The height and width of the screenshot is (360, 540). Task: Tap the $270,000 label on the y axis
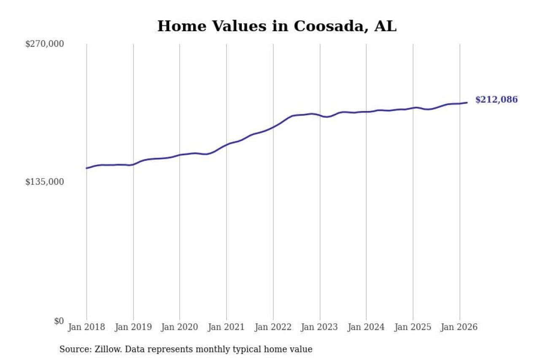(x=44, y=44)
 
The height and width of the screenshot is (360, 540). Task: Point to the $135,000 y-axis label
(x=44, y=182)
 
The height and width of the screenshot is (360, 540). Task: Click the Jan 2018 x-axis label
(x=86, y=327)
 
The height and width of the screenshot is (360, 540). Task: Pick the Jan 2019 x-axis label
(x=133, y=327)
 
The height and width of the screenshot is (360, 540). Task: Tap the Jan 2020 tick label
(x=180, y=327)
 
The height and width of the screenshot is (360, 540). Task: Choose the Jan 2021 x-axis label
(x=227, y=327)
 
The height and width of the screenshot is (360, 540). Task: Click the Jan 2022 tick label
(x=273, y=327)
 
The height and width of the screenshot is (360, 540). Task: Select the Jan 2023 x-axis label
(x=320, y=327)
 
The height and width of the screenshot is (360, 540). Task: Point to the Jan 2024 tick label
(x=366, y=327)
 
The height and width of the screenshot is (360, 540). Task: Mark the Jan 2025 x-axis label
(x=413, y=327)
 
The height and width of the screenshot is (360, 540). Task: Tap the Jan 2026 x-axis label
(x=459, y=327)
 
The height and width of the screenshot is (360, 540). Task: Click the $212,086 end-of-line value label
(x=496, y=100)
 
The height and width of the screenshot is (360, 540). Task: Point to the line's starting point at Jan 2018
(x=86, y=168)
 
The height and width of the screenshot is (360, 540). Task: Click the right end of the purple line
(x=467, y=103)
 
